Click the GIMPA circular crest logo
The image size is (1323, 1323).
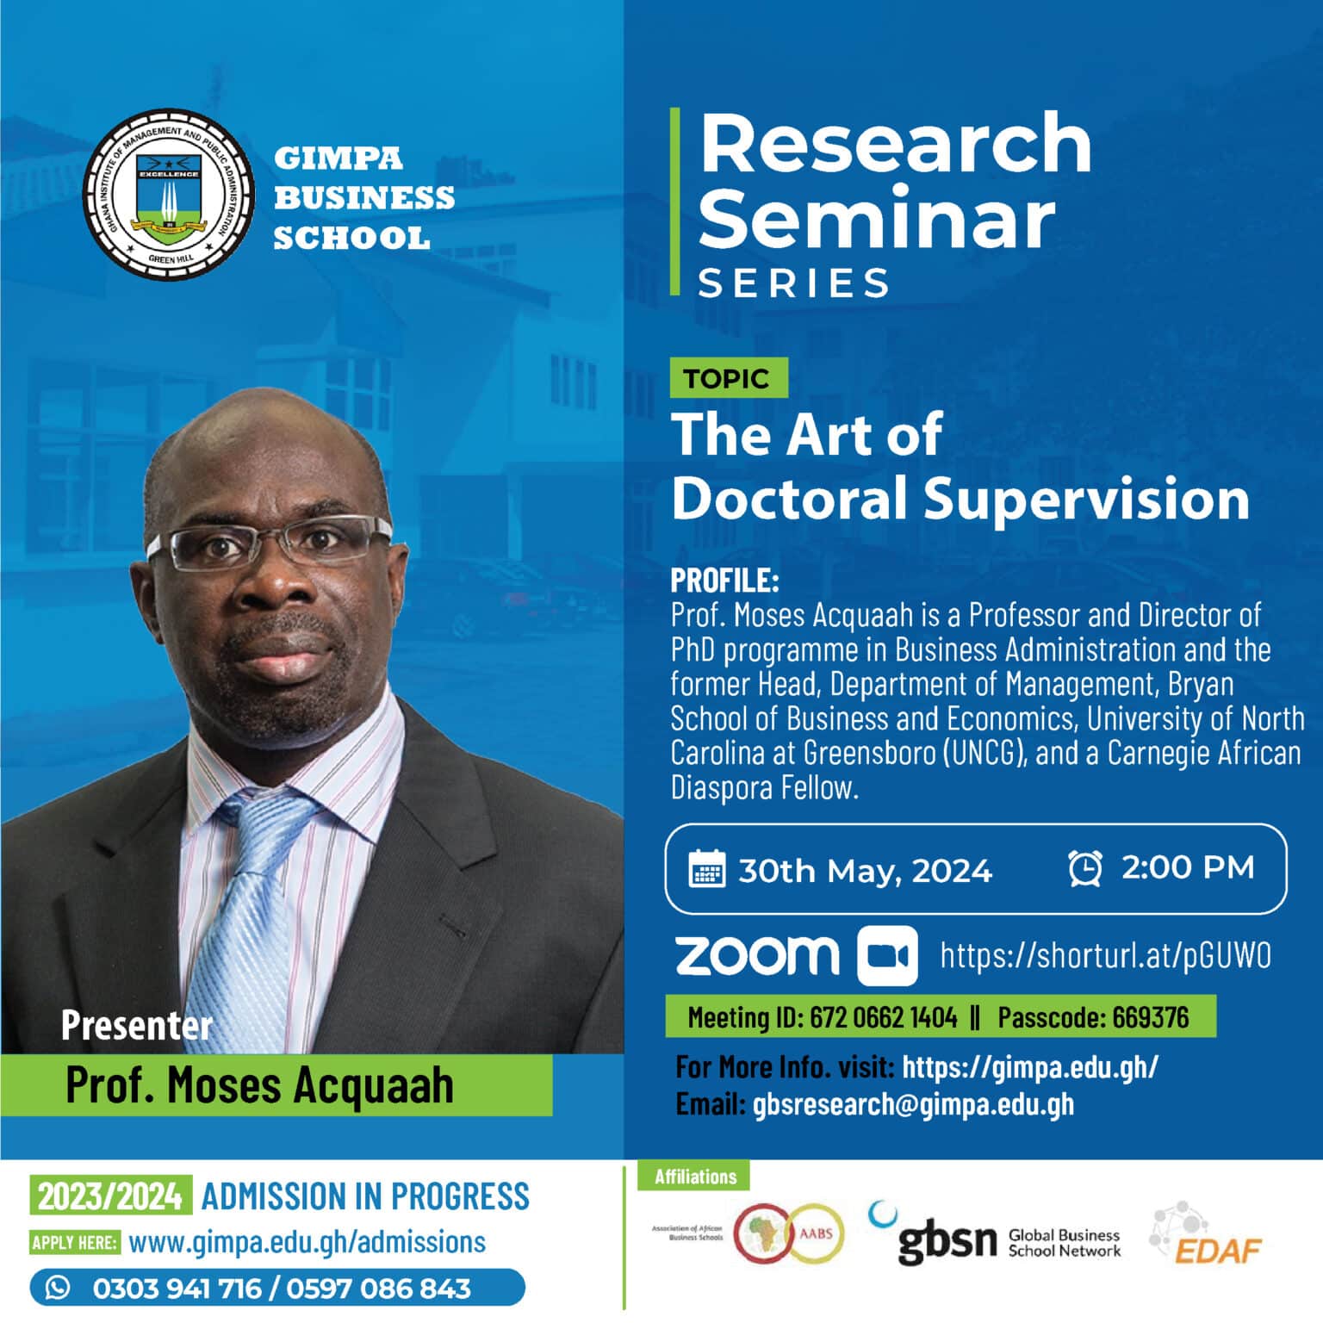click(169, 196)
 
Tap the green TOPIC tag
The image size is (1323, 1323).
click(729, 377)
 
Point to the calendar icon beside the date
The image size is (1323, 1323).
click(707, 868)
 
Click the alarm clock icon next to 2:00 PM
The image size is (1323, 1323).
click(1085, 867)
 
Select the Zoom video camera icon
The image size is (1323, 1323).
click(887, 956)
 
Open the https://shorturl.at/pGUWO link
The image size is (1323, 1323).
click(1105, 956)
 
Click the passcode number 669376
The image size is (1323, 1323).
click(1150, 1017)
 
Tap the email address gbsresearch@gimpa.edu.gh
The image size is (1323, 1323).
click(913, 1104)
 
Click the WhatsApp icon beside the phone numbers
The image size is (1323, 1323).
click(59, 1288)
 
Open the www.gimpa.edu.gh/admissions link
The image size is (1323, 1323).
click(307, 1242)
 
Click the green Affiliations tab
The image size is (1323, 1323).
click(695, 1177)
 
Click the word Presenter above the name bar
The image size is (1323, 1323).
click(136, 1026)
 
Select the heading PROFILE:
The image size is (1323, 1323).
click(724, 581)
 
